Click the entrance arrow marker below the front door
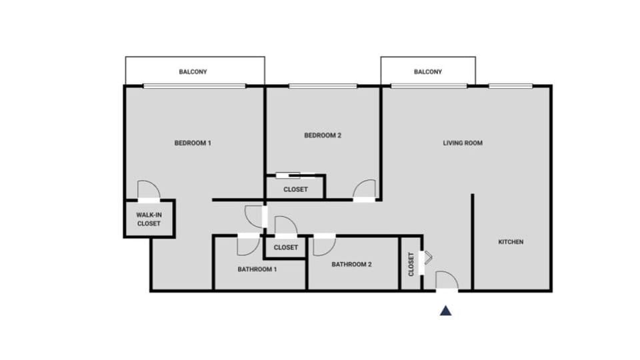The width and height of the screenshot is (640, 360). click(445, 311)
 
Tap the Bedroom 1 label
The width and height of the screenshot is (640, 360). click(193, 143)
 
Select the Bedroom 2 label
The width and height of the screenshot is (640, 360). click(323, 135)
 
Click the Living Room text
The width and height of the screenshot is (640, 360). click(463, 143)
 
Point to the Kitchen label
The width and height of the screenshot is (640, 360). click(511, 242)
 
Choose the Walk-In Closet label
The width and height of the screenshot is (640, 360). click(149, 219)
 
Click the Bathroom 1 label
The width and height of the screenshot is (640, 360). click(257, 269)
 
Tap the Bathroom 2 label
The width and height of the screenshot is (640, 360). click(351, 264)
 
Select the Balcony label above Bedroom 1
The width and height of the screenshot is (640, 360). click(193, 71)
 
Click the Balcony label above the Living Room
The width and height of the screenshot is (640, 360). click(427, 71)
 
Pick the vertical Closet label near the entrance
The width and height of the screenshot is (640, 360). click(411, 264)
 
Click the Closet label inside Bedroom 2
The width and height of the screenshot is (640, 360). click(295, 189)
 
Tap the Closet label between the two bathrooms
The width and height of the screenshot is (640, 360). click(286, 247)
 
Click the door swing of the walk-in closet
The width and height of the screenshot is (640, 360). click(149, 191)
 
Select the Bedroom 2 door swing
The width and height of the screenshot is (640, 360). click(365, 189)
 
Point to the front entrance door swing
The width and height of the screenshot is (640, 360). click(446, 281)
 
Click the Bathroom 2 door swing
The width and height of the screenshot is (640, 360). click(324, 245)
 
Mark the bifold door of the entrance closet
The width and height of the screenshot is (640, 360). click(427, 257)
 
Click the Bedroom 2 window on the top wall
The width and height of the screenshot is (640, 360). click(323, 86)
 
